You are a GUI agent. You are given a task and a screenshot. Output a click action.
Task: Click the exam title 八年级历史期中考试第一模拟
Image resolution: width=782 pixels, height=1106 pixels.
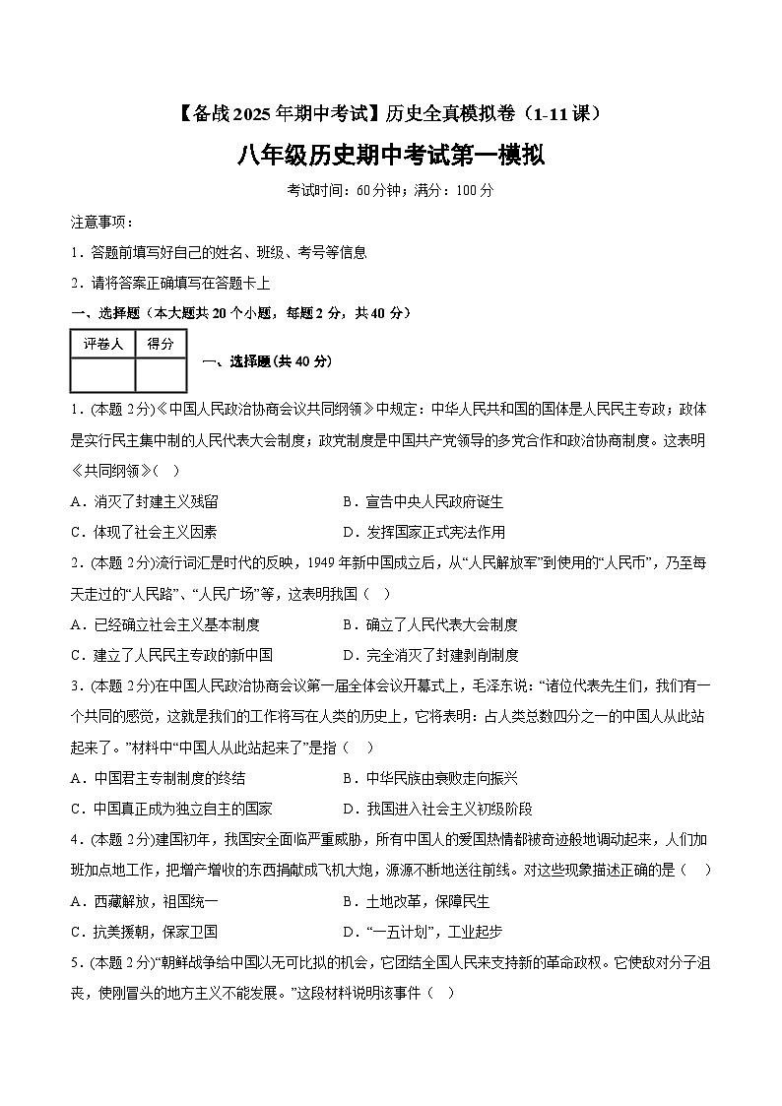[391, 155]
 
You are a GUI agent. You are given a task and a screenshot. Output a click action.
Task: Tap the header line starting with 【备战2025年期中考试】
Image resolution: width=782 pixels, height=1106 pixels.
[391, 114]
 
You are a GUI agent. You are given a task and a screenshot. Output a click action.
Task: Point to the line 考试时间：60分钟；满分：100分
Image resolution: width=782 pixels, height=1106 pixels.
[391, 190]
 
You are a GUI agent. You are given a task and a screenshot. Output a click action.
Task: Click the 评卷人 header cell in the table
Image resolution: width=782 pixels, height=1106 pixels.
[102, 344]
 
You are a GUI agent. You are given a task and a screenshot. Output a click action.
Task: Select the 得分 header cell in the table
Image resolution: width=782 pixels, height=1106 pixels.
[161, 344]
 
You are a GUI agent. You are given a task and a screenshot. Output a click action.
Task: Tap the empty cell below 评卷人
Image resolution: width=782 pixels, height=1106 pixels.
[102, 375]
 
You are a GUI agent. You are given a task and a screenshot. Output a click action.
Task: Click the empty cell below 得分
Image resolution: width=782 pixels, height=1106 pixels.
[161, 375]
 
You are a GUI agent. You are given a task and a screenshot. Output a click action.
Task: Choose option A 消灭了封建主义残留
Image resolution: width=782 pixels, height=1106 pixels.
[145, 502]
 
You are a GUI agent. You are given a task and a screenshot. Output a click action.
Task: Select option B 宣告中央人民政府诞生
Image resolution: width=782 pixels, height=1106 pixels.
[423, 502]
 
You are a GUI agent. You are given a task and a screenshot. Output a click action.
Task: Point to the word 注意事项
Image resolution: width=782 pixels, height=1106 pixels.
[101, 222]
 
